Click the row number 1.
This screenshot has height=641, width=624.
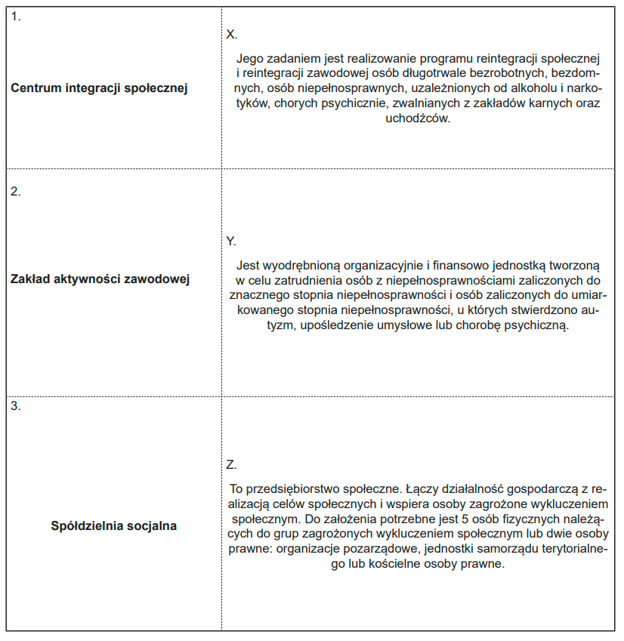15,17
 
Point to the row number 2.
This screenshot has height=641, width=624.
15,191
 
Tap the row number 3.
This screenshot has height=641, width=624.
15,405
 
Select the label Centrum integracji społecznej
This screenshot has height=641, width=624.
99,88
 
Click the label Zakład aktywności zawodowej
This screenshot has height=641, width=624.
100,279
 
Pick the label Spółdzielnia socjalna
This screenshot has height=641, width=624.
114,525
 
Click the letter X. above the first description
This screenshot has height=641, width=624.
232,35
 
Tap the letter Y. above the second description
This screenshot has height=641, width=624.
231,241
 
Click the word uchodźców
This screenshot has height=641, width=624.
417,119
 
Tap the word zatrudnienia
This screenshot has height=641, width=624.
292,280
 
